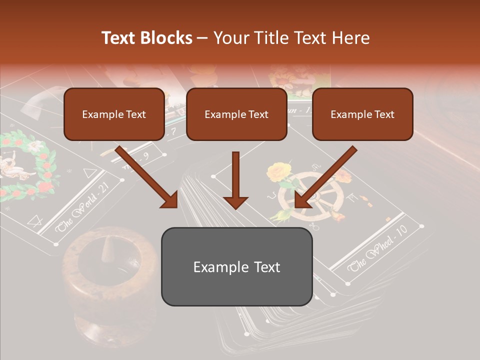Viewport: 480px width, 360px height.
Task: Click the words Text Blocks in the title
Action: (x=146, y=38)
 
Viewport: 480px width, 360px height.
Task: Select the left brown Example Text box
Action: (x=114, y=114)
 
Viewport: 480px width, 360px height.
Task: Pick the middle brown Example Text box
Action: (x=236, y=114)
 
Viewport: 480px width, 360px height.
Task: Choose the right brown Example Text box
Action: (x=362, y=114)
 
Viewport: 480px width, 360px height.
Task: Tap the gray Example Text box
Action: (x=236, y=267)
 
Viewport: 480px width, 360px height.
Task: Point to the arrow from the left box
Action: (x=148, y=177)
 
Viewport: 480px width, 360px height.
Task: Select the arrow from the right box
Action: (x=325, y=177)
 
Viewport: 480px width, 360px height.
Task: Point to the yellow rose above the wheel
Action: (x=278, y=171)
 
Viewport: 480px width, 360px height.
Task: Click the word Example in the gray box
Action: (x=216, y=267)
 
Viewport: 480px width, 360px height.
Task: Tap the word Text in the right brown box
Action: (x=384, y=114)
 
